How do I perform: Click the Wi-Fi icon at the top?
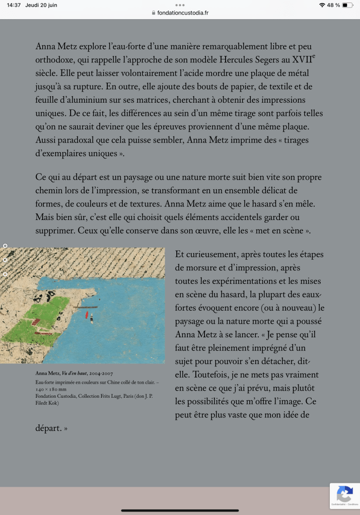point(322,5)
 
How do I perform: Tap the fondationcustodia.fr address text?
point(183,13)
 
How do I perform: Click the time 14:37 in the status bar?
point(14,5)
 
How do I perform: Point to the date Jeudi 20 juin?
point(41,5)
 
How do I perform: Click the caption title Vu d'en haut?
point(74,373)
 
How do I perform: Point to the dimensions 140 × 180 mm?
point(51,389)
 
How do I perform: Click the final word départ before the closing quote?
point(48,428)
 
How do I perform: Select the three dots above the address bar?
point(180,5)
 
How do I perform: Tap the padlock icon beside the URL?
point(154,13)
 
